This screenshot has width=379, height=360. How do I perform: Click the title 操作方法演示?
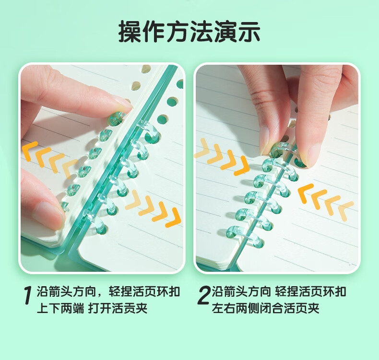pyautogui.click(x=189, y=32)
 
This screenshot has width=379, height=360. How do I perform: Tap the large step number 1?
pyautogui.click(x=28, y=296)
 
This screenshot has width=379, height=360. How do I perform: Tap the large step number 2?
pyautogui.click(x=203, y=295)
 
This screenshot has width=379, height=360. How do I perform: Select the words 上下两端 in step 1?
pyautogui.click(x=60, y=308)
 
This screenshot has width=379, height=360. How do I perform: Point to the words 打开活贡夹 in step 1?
pyautogui.click(x=118, y=308)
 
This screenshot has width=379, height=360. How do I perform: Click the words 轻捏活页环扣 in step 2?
pyautogui.click(x=310, y=291)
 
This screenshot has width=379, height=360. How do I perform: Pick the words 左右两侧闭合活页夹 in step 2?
pyautogui.click(x=266, y=308)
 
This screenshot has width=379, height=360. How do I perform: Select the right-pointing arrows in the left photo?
pyautogui.click(x=153, y=209)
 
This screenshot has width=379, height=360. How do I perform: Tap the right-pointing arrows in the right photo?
pyautogui.click(x=222, y=156)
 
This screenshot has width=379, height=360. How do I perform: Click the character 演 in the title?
pyautogui.click(x=225, y=32)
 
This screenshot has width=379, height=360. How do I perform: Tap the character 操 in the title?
pyautogui.click(x=130, y=32)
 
